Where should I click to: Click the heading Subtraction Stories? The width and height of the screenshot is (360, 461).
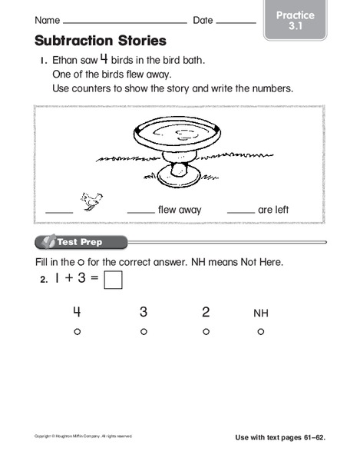(100, 41)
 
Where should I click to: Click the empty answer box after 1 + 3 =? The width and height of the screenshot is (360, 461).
(114, 281)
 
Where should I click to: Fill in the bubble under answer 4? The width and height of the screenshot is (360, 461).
(77, 332)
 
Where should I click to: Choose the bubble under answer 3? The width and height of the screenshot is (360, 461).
(144, 332)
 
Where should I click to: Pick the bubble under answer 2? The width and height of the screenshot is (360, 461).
(206, 332)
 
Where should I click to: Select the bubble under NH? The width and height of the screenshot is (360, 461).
(261, 332)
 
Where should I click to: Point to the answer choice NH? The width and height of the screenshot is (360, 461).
(261, 313)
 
